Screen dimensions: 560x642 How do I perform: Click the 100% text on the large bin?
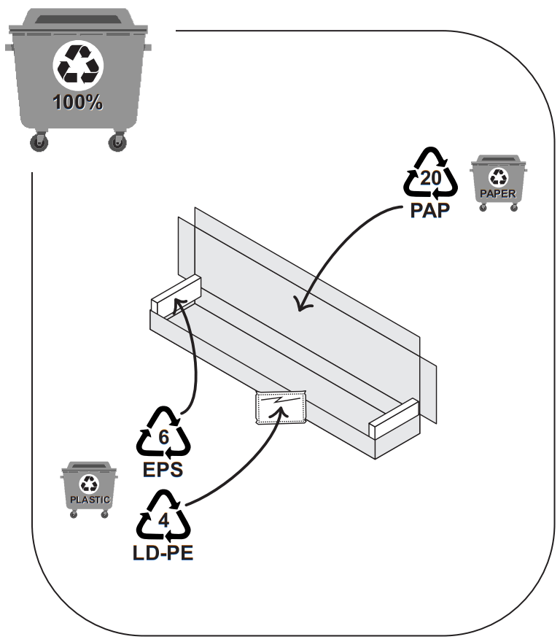[77, 102]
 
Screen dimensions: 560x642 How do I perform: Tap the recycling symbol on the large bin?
[78, 65]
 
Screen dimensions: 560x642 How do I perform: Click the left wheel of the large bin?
[39, 142]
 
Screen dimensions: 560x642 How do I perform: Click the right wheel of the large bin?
[117, 142]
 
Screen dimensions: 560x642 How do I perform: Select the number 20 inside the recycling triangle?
[430, 178]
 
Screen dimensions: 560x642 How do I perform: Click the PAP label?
[429, 210]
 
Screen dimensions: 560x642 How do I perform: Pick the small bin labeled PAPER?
[498, 182]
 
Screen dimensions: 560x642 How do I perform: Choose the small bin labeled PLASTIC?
[89, 490]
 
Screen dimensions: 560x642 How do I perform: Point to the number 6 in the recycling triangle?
[164, 437]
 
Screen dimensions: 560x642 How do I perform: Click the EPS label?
[163, 469]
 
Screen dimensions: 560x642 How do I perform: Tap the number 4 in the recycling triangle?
[164, 520]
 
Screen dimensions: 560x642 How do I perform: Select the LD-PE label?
[163, 553]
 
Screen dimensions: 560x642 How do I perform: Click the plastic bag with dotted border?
[281, 408]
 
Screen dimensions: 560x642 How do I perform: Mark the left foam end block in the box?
[176, 296]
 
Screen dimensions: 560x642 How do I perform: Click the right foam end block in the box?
[394, 419]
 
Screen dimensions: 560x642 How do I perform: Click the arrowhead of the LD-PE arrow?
[281, 411]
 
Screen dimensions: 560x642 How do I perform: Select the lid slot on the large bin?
[78, 19]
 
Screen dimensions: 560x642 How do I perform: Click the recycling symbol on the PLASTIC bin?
[89, 484]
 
